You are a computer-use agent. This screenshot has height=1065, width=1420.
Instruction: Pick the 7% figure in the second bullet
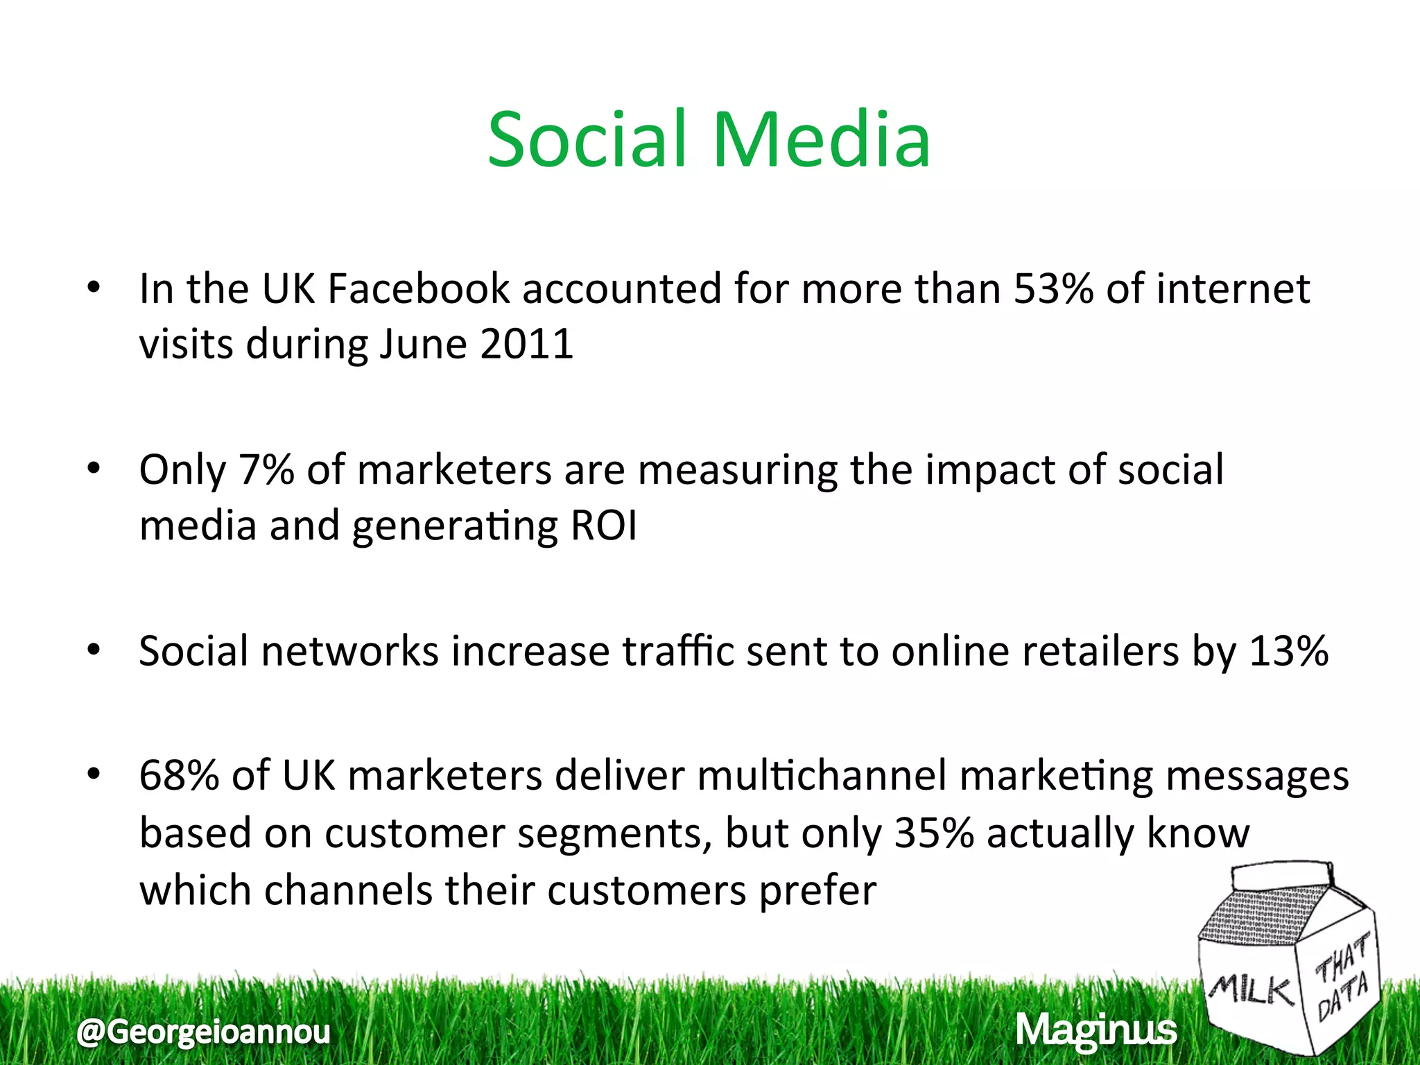point(266,470)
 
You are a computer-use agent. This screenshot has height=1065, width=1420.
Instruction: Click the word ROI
point(603,526)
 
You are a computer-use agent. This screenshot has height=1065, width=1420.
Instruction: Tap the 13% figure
point(1288,651)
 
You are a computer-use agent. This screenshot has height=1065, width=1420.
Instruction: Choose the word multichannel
point(822,776)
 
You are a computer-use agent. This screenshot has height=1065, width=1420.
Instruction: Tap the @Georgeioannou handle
point(204,1032)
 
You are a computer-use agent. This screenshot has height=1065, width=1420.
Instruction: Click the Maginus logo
point(1096,1030)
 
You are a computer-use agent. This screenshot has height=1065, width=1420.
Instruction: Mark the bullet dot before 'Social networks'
point(94,651)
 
